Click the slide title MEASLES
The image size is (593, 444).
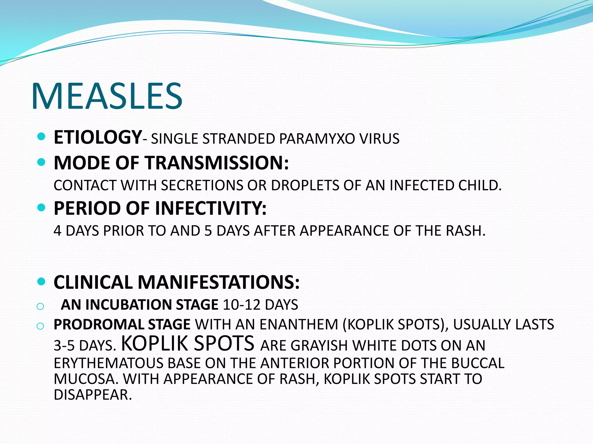[x=107, y=96]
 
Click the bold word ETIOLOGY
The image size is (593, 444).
[x=98, y=137]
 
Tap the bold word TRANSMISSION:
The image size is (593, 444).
[x=217, y=163]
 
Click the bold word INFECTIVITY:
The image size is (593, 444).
[x=211, y=208]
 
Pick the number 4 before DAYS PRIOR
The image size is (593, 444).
[x=58, y=231]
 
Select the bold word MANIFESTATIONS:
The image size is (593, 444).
[x=218, y=282]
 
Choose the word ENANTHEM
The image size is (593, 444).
[x=299, y=325]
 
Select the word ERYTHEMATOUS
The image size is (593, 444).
[x=108, y=363]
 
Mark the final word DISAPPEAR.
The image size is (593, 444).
[x=93, y=395]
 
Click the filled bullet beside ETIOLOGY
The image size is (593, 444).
[x=41, y=136]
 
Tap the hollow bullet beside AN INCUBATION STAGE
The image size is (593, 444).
[x=40, y=306]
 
